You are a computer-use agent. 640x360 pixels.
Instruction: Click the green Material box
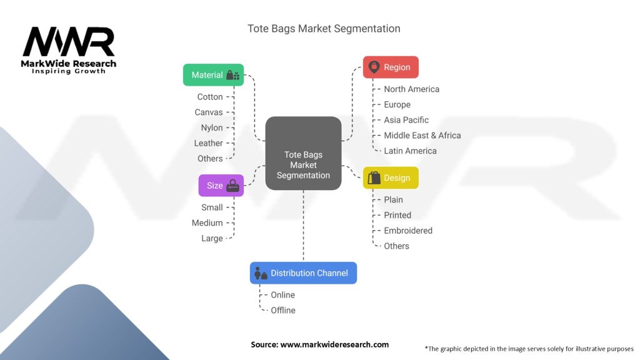coord(213,75)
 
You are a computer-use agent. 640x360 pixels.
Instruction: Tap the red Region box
coord(391,67)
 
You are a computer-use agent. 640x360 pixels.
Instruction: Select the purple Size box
coord(221,185)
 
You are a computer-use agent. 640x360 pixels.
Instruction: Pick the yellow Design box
coord(391,177)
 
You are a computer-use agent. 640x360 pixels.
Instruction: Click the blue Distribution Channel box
coord(303,272)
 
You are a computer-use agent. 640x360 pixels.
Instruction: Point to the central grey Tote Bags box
coord(303,153)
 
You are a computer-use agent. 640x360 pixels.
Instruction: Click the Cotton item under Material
coord(210,97)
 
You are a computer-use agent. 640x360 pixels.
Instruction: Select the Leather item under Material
coord(209,143)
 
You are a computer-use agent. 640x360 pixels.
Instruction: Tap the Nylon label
coord(212,127)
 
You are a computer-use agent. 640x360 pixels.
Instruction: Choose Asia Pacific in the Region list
coord(406,120)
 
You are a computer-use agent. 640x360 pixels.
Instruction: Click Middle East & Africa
coord(422,136)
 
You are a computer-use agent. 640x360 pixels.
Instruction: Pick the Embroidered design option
coord(408,231)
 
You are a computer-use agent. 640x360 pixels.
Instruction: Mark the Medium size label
coord(207,223)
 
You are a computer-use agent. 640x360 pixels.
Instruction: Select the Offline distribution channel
coord(283,310)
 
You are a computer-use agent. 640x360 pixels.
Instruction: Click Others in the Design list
coord(396,246)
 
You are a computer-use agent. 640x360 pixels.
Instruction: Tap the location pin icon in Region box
coord(374,67)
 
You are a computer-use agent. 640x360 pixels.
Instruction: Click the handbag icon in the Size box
coord(232,186)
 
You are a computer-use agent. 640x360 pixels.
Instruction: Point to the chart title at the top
coord(324,29)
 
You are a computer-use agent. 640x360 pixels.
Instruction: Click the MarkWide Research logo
coord(69,50)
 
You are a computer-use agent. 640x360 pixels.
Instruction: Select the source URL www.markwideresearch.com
coord(334,344)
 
